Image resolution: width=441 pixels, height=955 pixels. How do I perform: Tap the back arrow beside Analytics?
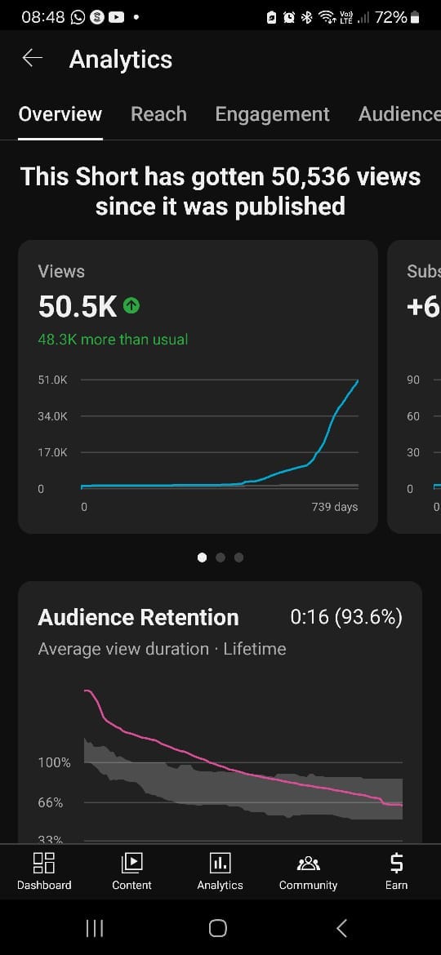coord(33,59)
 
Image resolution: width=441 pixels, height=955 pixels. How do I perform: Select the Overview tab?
coord(60,114)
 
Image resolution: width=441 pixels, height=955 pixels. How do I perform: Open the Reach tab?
coord(158,114)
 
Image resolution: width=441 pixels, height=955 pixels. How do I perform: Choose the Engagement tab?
coord(272,114)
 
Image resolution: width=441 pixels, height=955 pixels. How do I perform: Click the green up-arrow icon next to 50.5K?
coord(131,305)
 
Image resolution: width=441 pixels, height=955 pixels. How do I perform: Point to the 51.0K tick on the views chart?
coord(52,380)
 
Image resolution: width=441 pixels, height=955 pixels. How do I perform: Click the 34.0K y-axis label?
coord(52,416)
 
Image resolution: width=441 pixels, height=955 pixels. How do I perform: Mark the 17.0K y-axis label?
coord(52,452)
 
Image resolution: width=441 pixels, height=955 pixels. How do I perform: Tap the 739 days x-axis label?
coord(335,507)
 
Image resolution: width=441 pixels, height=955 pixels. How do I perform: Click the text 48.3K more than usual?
coord(113,340)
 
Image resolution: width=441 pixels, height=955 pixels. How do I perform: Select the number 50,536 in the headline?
coord(310,176)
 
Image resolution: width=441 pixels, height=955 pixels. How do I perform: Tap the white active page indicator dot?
coord(203,557)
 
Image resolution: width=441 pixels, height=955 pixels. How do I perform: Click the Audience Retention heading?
coord(138,618)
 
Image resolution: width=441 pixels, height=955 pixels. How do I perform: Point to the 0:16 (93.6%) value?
coord(346,618)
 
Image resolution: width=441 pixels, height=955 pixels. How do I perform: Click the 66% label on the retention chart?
coord(51,802)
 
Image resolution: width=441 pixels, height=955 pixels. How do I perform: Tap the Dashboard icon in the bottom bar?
coord(44,863)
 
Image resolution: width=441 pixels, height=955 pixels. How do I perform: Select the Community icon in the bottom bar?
coord(308,863)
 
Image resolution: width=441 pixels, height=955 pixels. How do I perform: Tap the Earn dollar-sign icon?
coord(396,863)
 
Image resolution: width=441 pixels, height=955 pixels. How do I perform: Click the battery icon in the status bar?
coord(415,18)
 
